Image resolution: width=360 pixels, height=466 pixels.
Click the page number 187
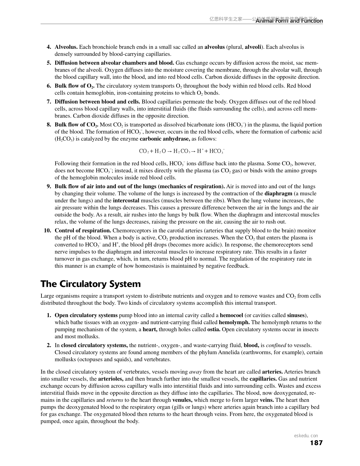pyautogui.click(x=316, y=443)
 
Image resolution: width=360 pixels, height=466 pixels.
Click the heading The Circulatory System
pyautogui.click(x=91, y=284)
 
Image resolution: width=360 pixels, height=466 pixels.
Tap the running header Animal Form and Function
pyautogui.click(x=289, y=21)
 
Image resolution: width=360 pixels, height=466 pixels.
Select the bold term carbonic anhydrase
pyautogui.click(x=165, y=139)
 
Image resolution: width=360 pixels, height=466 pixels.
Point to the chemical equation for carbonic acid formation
pyautogui.click(x=182, y=151)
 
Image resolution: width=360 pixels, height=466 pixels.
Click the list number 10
pyautogui.click(x=48, y=230)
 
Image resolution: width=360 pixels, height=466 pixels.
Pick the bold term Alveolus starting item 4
pyautogui.click(x=66, y=47)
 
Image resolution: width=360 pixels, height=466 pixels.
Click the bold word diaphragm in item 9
pyautogui.click(x=278, y=194)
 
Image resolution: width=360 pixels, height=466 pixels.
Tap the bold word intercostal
pyautogui.click(x=126, y=201)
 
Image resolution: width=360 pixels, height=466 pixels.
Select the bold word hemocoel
pyautogui.click(x=231, y=315)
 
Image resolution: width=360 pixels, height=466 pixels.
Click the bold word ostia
pyautogui.click(x=214, y=329)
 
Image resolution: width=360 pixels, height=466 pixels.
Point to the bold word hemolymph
pyautogui.click(x=234, y=322)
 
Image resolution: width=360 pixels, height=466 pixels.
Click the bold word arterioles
pyautogui.click(x=111, y=379)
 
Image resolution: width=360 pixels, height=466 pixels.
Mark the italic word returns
pyautogui.click(x=115, y=400)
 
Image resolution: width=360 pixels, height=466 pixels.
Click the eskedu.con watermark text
pyautogui.click(x=306, y=436)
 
